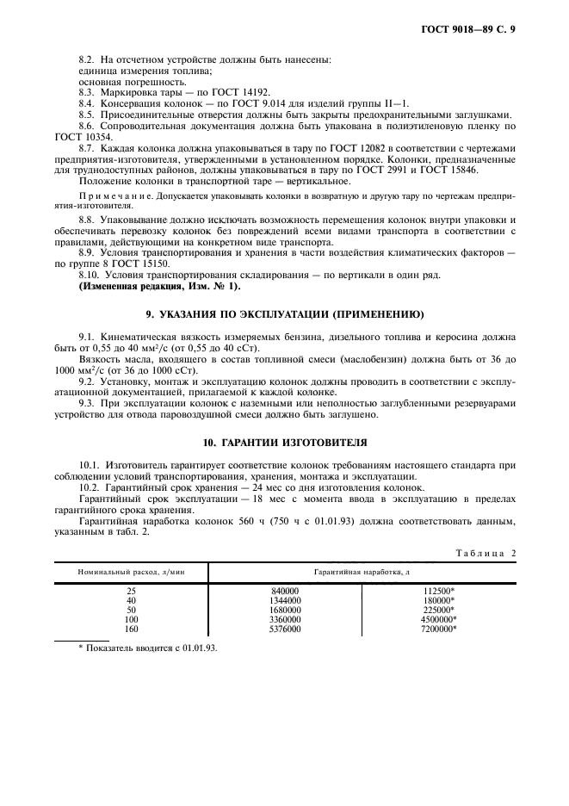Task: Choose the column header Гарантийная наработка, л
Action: point(361,572)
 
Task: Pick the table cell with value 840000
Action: point(284,592)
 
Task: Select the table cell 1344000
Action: point(284,601)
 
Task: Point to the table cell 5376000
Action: point(284,629)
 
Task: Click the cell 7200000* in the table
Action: point(438,629)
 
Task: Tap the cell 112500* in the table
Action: point(438,592)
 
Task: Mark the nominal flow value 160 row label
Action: point(131,629)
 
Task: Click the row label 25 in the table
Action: point(131,592)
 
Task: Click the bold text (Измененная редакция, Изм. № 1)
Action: point(160,285)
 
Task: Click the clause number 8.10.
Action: point(90,274)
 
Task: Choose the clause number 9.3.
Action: point(88,403)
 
